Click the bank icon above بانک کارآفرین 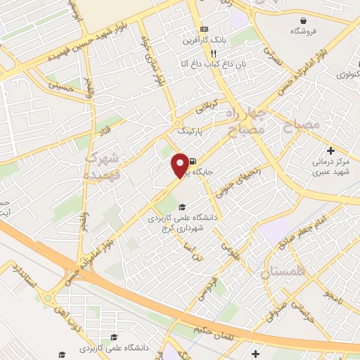tap(204, 29)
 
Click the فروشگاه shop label tap(303, 32)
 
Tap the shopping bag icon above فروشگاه tap(293, 20)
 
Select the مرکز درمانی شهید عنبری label tap(330, 166)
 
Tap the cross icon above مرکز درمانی tap(330, 150)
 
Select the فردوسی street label tap(213, 288)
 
